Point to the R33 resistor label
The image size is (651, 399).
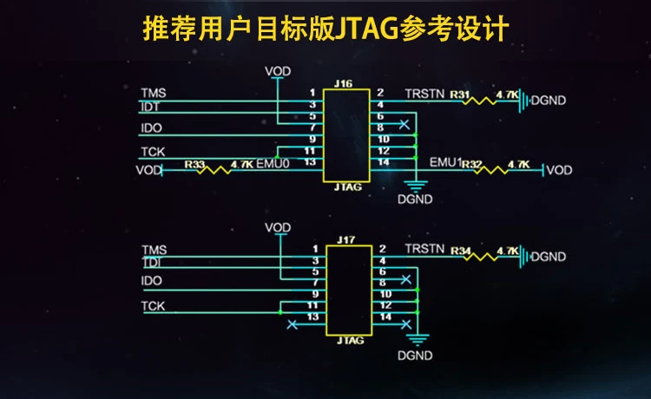(x=195, y=163)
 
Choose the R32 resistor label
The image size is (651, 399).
(x=471, y=163)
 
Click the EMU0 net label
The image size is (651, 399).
(x=273, y=163)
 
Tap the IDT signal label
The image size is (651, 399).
(x=151, y=107)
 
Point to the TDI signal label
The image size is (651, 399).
(x=151, y=261)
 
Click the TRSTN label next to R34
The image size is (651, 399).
(x=424, y=249)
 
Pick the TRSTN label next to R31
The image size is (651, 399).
(x=424, y=94)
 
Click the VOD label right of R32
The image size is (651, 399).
(x=559, y=170)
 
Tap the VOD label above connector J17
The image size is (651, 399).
(x=278, y=227)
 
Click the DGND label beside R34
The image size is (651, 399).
(x=548, y=257)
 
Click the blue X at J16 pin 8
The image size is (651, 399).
(x=404, y=126)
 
